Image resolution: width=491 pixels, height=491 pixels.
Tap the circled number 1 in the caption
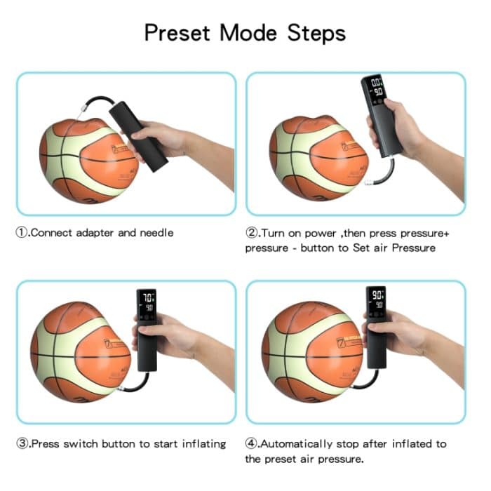click(x=22, y=233)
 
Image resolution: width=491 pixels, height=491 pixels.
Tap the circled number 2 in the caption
click(x=252, y=233)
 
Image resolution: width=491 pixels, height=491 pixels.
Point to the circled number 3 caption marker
click(x=22, y=443)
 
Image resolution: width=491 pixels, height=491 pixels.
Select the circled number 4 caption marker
click(x=252, y=443)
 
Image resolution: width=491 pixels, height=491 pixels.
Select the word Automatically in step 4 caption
click(x=299, y=443)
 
